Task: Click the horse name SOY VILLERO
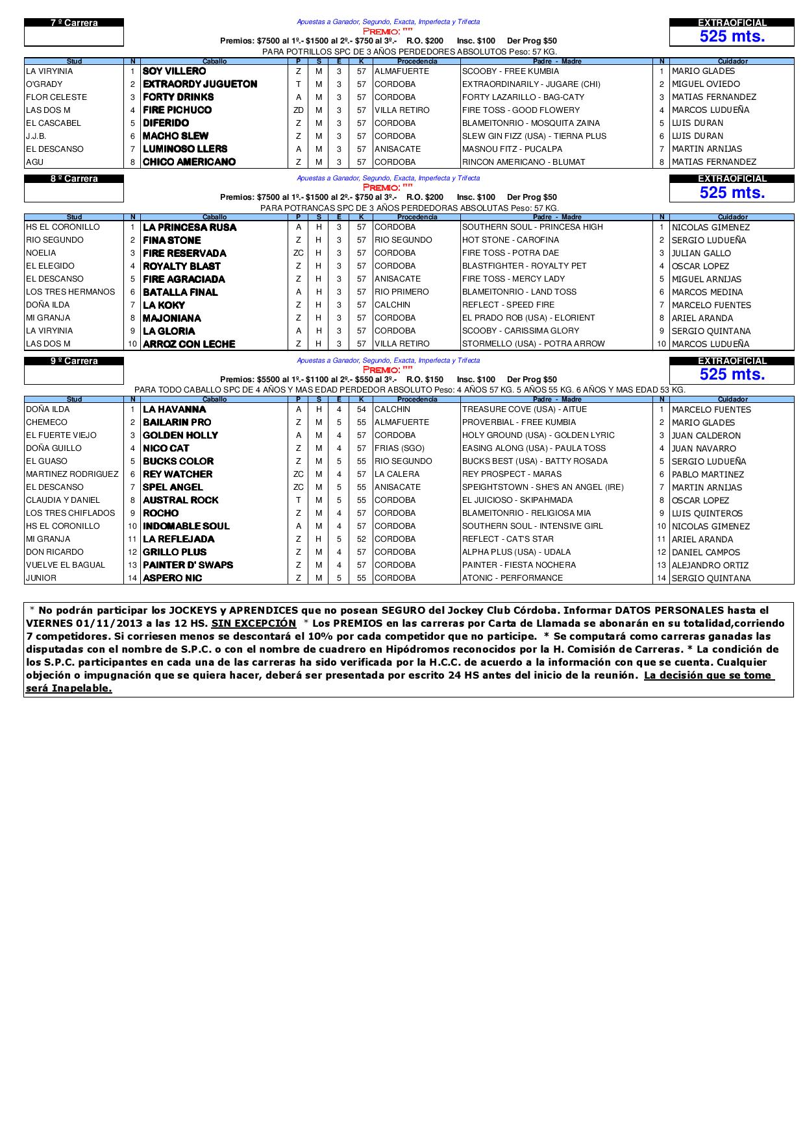[x=174, y=71]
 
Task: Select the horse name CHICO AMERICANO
[x=189, y=162]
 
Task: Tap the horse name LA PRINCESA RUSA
[x=190, y=228]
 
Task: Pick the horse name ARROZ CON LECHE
[x=189, y=345]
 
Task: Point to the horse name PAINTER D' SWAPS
[x=188, y=565]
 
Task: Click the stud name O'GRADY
[x=44, y=84]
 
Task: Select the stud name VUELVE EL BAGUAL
[x=65, y=565]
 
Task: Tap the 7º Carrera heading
[x=74, y=23]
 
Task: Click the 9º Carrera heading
[x=74, y=361]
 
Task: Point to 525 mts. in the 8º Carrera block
[x=732, y=193]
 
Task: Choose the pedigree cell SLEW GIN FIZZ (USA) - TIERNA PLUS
[x=534, y=136]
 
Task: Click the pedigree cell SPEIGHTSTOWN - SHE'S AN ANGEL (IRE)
[x=542, y=487]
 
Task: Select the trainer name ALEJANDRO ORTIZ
[x=710, y=565]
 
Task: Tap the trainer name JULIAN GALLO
[x=701, y=254]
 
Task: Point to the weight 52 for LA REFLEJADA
[x=362, y=539]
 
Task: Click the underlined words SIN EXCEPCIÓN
[x=253, y=623]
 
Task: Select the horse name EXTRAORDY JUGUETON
[x=200, y=84]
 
